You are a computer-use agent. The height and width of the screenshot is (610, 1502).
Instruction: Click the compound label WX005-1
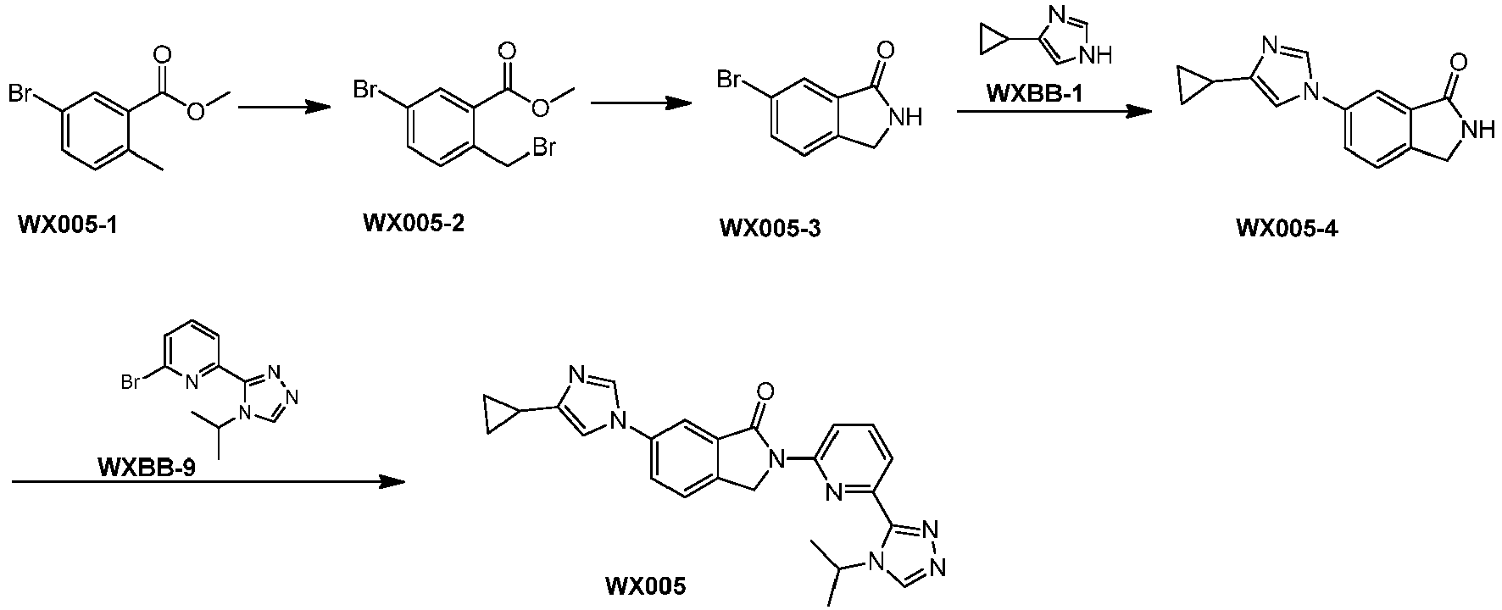[68, 226]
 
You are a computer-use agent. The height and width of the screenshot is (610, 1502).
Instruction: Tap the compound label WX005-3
[770, 228]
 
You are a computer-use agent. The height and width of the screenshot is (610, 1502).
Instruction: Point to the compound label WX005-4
[1288, 228]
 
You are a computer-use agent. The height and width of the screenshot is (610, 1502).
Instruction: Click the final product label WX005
[645, 585]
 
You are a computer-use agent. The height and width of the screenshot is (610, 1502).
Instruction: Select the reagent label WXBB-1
[1033, 93]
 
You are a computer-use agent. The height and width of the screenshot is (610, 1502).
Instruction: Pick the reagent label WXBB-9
[147, 467]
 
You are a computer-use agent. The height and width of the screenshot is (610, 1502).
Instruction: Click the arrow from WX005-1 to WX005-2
[283, 107]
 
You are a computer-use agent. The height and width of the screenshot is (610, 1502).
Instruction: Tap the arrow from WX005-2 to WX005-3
[641, 103]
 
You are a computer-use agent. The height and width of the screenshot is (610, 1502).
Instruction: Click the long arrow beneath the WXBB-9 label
[209, 482]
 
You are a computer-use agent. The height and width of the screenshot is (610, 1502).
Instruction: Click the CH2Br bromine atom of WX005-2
[542, 149]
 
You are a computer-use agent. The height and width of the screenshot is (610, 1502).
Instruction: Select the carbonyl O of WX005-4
[1458, 62]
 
